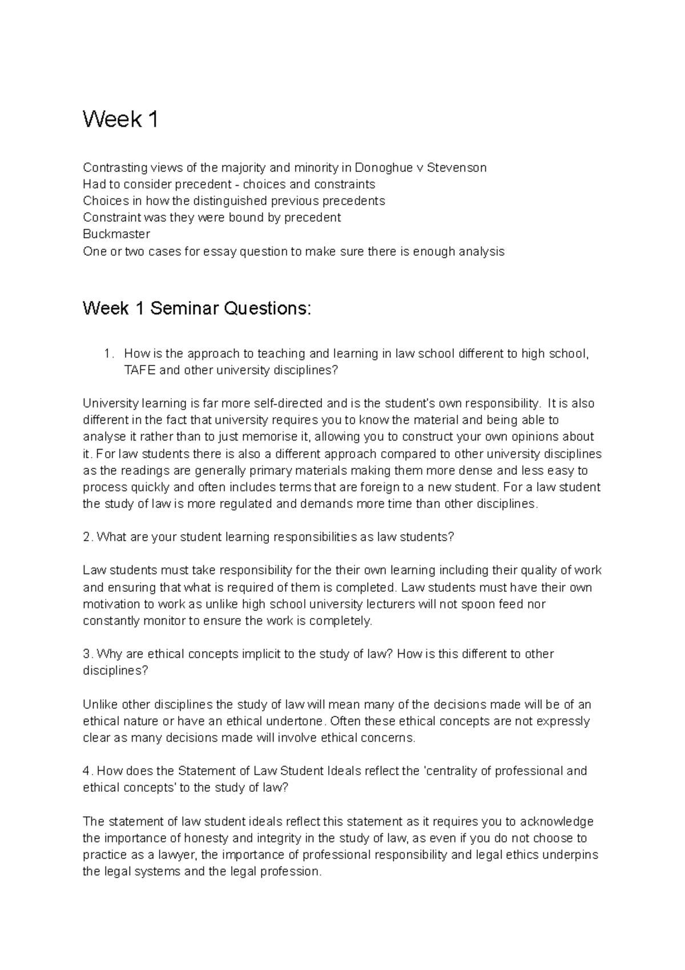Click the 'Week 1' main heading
[x=120, y=119]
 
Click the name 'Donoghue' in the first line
[x=381, y=167]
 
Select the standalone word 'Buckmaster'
[x=116, y=234]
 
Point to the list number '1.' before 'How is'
[x=110, y=354]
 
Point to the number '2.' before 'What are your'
[x=87, y=537]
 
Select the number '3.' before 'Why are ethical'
[x=87, y=654]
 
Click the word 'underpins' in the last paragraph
[x=572, y=855]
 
